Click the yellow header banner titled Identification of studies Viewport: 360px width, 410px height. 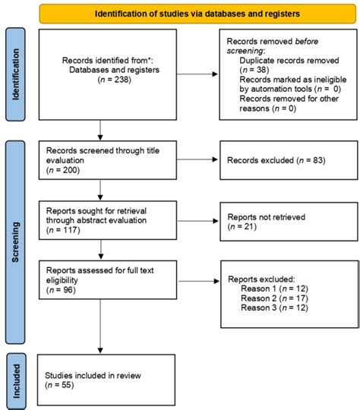coord(197,14)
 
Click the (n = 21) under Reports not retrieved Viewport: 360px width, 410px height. coord(242,229)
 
